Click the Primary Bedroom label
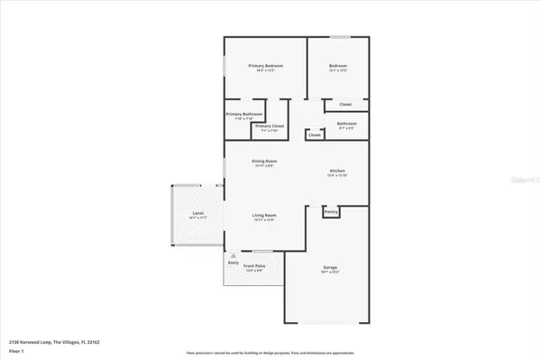tap(266, 67)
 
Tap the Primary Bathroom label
tap(244, 115)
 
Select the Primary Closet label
tap(270, 126)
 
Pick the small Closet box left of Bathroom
tap(314, 134)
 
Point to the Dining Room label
tap(264, 162)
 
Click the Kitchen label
tap(337, 171)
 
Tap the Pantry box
tap(331, 212)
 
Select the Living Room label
tap(263, 215)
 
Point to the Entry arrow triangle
tap(234, 255)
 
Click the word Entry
tap(234, 263)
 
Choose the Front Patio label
tap(254, 266)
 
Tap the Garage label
tap(331, 266)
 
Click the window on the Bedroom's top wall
tap(339, 37)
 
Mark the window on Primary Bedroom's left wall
tap(225, 67)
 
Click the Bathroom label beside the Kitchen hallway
tap(346, 124)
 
